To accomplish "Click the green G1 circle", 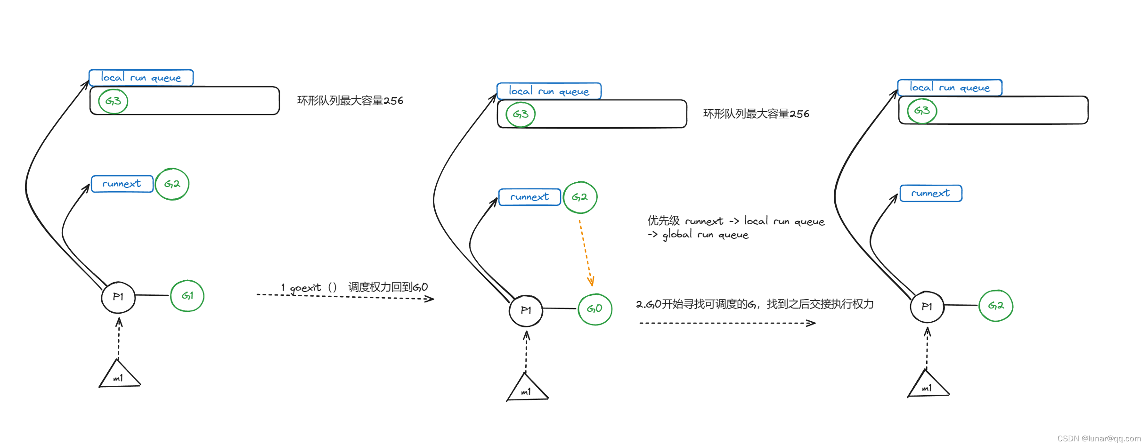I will (187, 296).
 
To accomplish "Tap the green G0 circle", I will (594, 309).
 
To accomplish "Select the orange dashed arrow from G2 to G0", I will (586, 252).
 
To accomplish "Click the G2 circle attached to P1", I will (995, 306).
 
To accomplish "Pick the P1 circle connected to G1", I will (118, 297).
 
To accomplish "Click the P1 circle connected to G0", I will (526, 310).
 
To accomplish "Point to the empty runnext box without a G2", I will (930, 193).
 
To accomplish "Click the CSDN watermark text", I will (1099, 439).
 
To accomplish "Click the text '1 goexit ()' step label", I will (309, 287).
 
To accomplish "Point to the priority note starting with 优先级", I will (735, 227).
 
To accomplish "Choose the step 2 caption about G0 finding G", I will (754, 304).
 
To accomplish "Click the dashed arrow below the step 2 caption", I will (727, 323).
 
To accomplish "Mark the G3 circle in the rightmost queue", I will (921, 111).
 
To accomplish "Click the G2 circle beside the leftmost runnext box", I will (172, 184).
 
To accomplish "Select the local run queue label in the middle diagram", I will (549, 91).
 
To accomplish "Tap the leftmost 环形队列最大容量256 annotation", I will (350, 101).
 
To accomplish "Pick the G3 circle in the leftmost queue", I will (113, 101).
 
